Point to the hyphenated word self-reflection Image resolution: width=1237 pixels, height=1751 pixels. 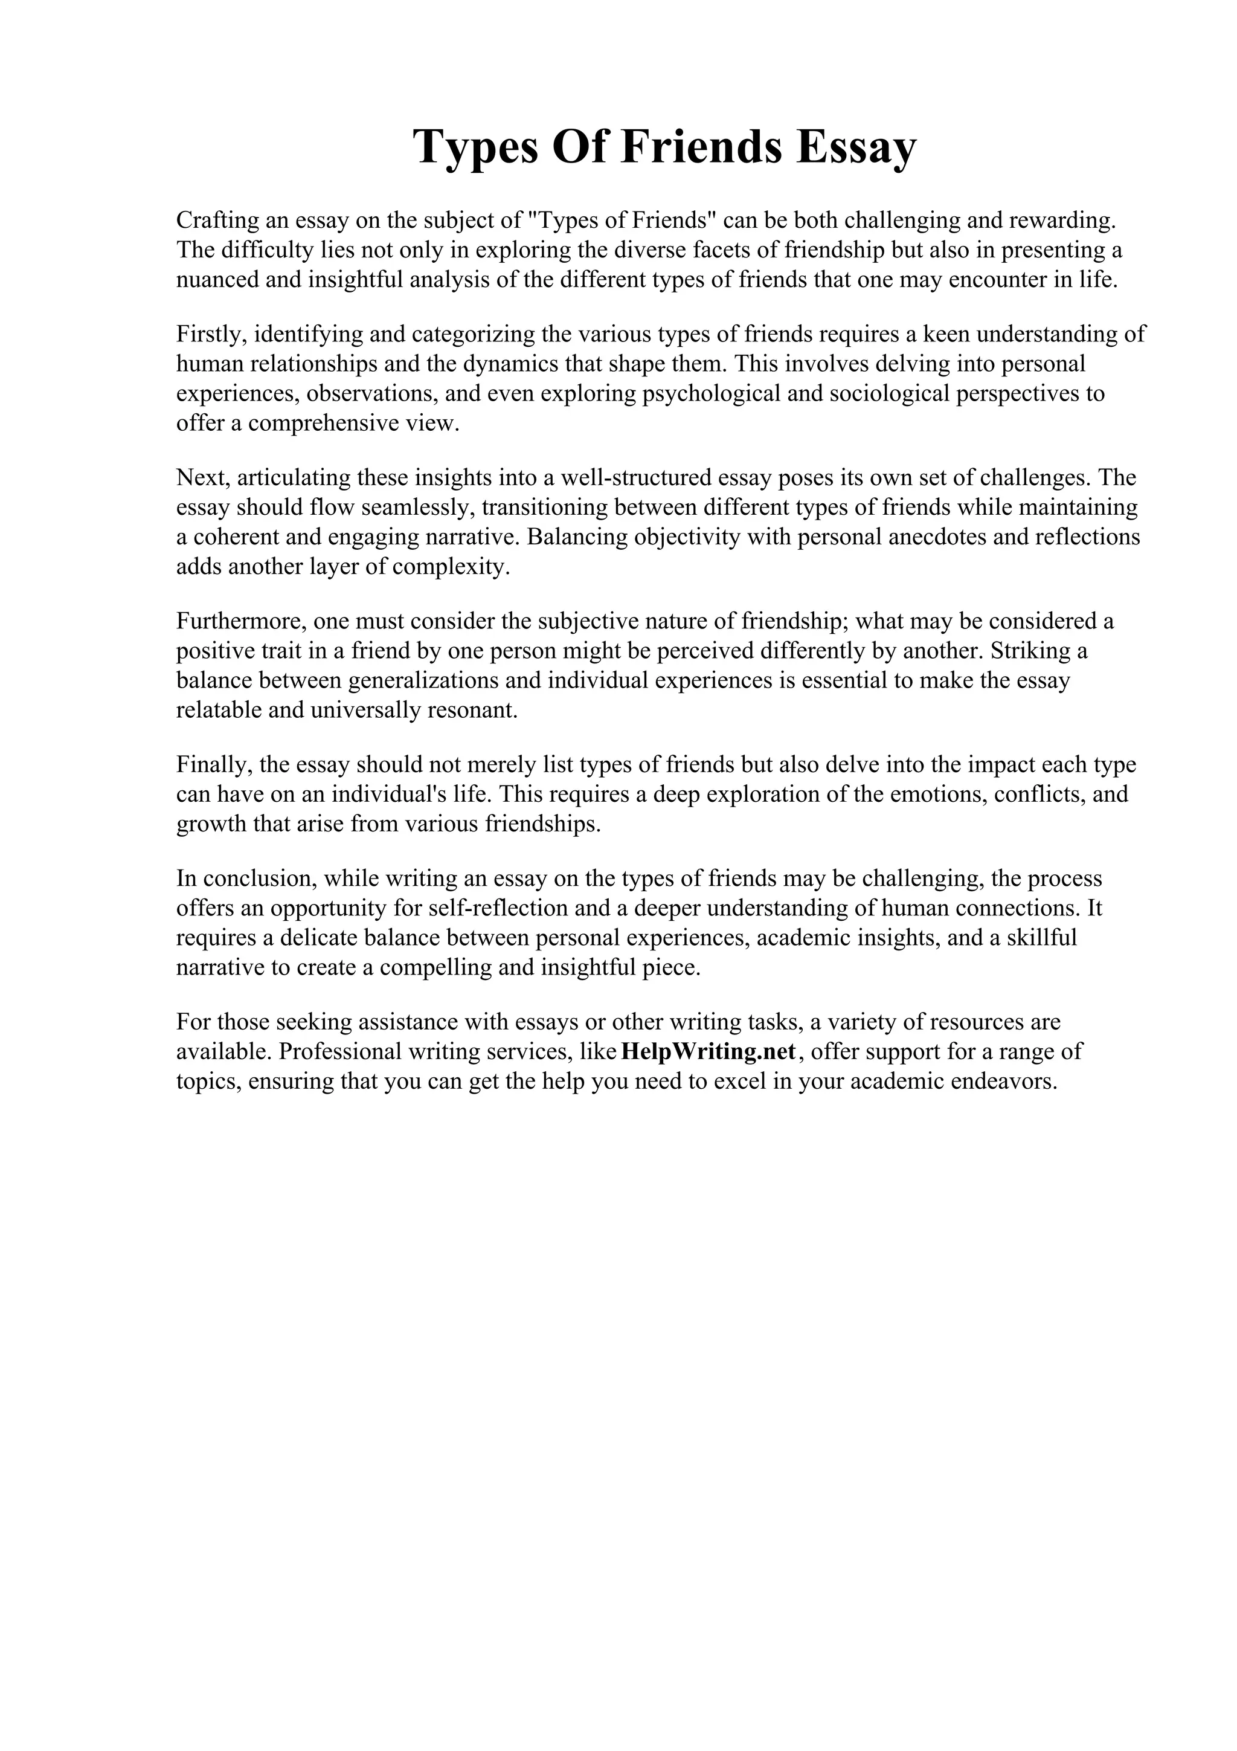point(500,908)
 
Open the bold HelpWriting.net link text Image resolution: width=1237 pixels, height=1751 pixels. point(710,1052)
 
